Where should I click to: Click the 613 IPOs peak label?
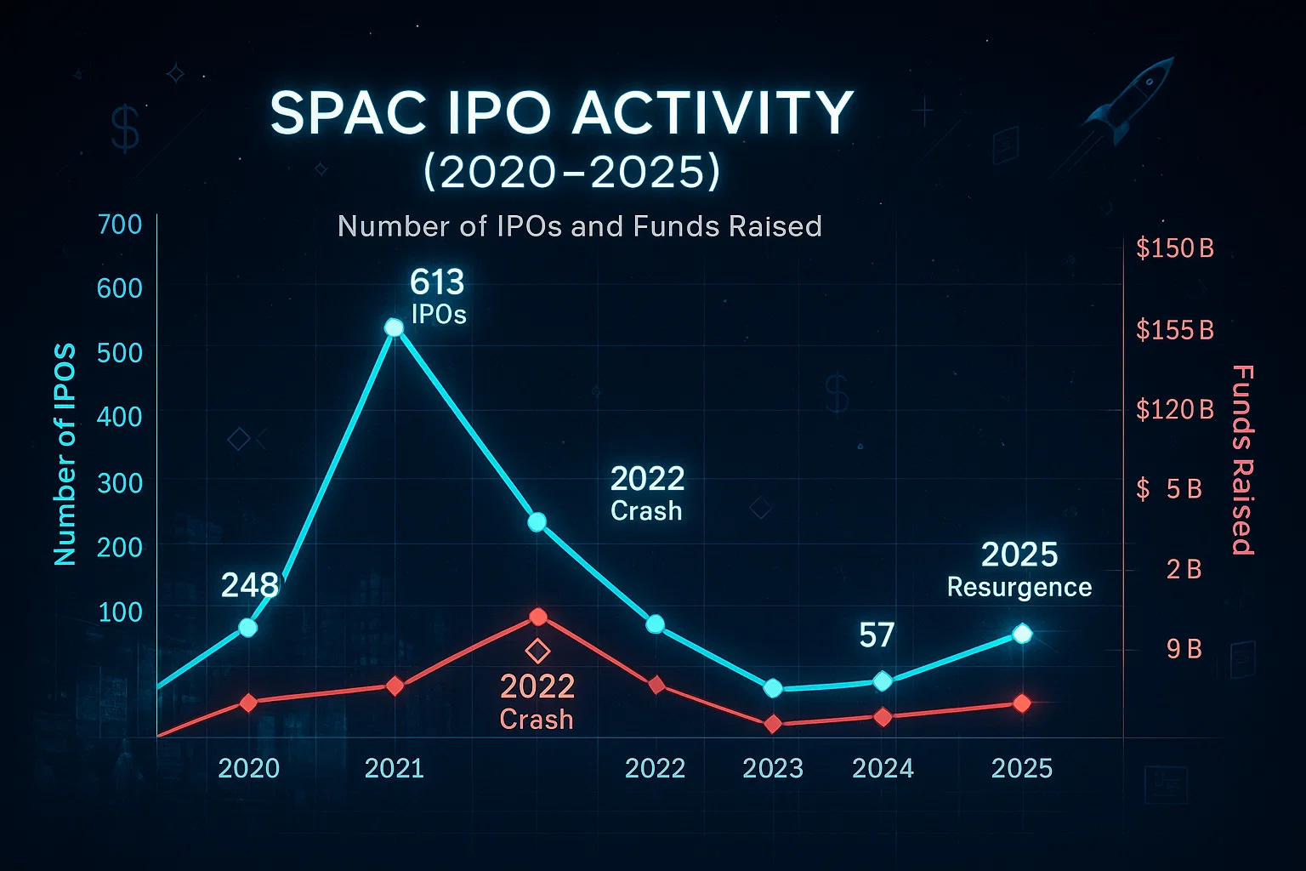click(x=438, y=297)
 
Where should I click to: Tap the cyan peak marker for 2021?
click(x=394, y=327)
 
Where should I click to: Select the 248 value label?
click(x=249, y=585)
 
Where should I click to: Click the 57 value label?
click(x=877, y=635)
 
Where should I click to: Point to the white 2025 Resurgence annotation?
click(x=1019, y=570)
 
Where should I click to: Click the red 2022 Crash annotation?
click(x=537, y=702)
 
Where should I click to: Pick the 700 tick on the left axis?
click(x=120, y=225)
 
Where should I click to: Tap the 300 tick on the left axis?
click(x=120, y=483)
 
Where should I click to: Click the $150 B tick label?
click(x=1175, y=248)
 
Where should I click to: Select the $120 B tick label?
click(x=1175, y=410)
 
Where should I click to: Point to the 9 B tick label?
click(x=1184, y=649)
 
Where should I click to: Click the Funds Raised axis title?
click(x=1242, y=459)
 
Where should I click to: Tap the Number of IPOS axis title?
click(x=65, y=455)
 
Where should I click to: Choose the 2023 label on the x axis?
click(x=773, y=769)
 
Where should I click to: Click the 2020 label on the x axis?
click(x=248, y=769)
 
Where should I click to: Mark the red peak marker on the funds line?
click(x=537, y=617)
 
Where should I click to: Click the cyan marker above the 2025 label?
click(x=1022, y=634)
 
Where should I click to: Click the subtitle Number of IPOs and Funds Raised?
click(x=579, y=226)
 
